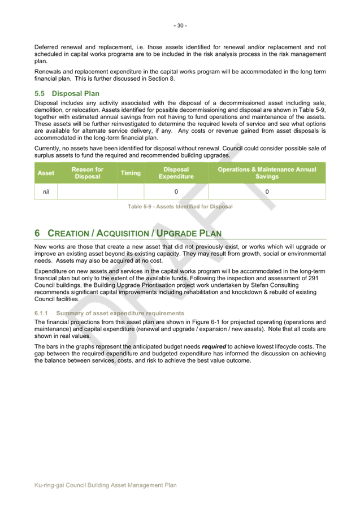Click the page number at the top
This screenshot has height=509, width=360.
click(x=180, y=25)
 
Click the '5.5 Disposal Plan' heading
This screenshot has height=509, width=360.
click(x=67, y=93)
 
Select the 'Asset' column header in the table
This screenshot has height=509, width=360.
click(x=46, y=173)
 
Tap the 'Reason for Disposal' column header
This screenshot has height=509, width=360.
click(x=88, y=173)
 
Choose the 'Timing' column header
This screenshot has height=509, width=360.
click(x=131, y=173)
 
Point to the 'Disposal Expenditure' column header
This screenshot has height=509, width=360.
click(x=176, y=173)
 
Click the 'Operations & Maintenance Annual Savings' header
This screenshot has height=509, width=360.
click(x=267, y=173)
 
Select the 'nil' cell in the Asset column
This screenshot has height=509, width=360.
click(x=46, y=192)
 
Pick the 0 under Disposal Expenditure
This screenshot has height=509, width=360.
click(x=176, y=192)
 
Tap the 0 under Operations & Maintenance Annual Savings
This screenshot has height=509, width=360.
click(x=267, y=192)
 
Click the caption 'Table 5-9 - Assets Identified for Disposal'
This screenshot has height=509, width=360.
click(x=180, y=206)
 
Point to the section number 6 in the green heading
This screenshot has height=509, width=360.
click(x=37, y=233)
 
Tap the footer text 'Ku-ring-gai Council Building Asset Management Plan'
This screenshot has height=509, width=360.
click(x=106, y=485)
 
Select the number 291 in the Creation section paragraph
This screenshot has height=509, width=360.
click(x=320, y=278)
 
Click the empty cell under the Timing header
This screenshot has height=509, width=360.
click(x=131, y=192)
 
